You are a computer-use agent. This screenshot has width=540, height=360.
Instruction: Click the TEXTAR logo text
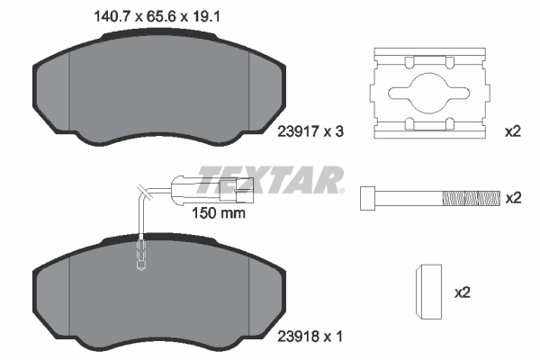[271, 177]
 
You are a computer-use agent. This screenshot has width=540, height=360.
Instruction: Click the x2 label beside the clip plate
[513, 131]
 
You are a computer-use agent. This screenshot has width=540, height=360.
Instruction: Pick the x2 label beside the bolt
[513, 197]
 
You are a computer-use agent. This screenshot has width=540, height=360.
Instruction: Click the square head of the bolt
[367, 197]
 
